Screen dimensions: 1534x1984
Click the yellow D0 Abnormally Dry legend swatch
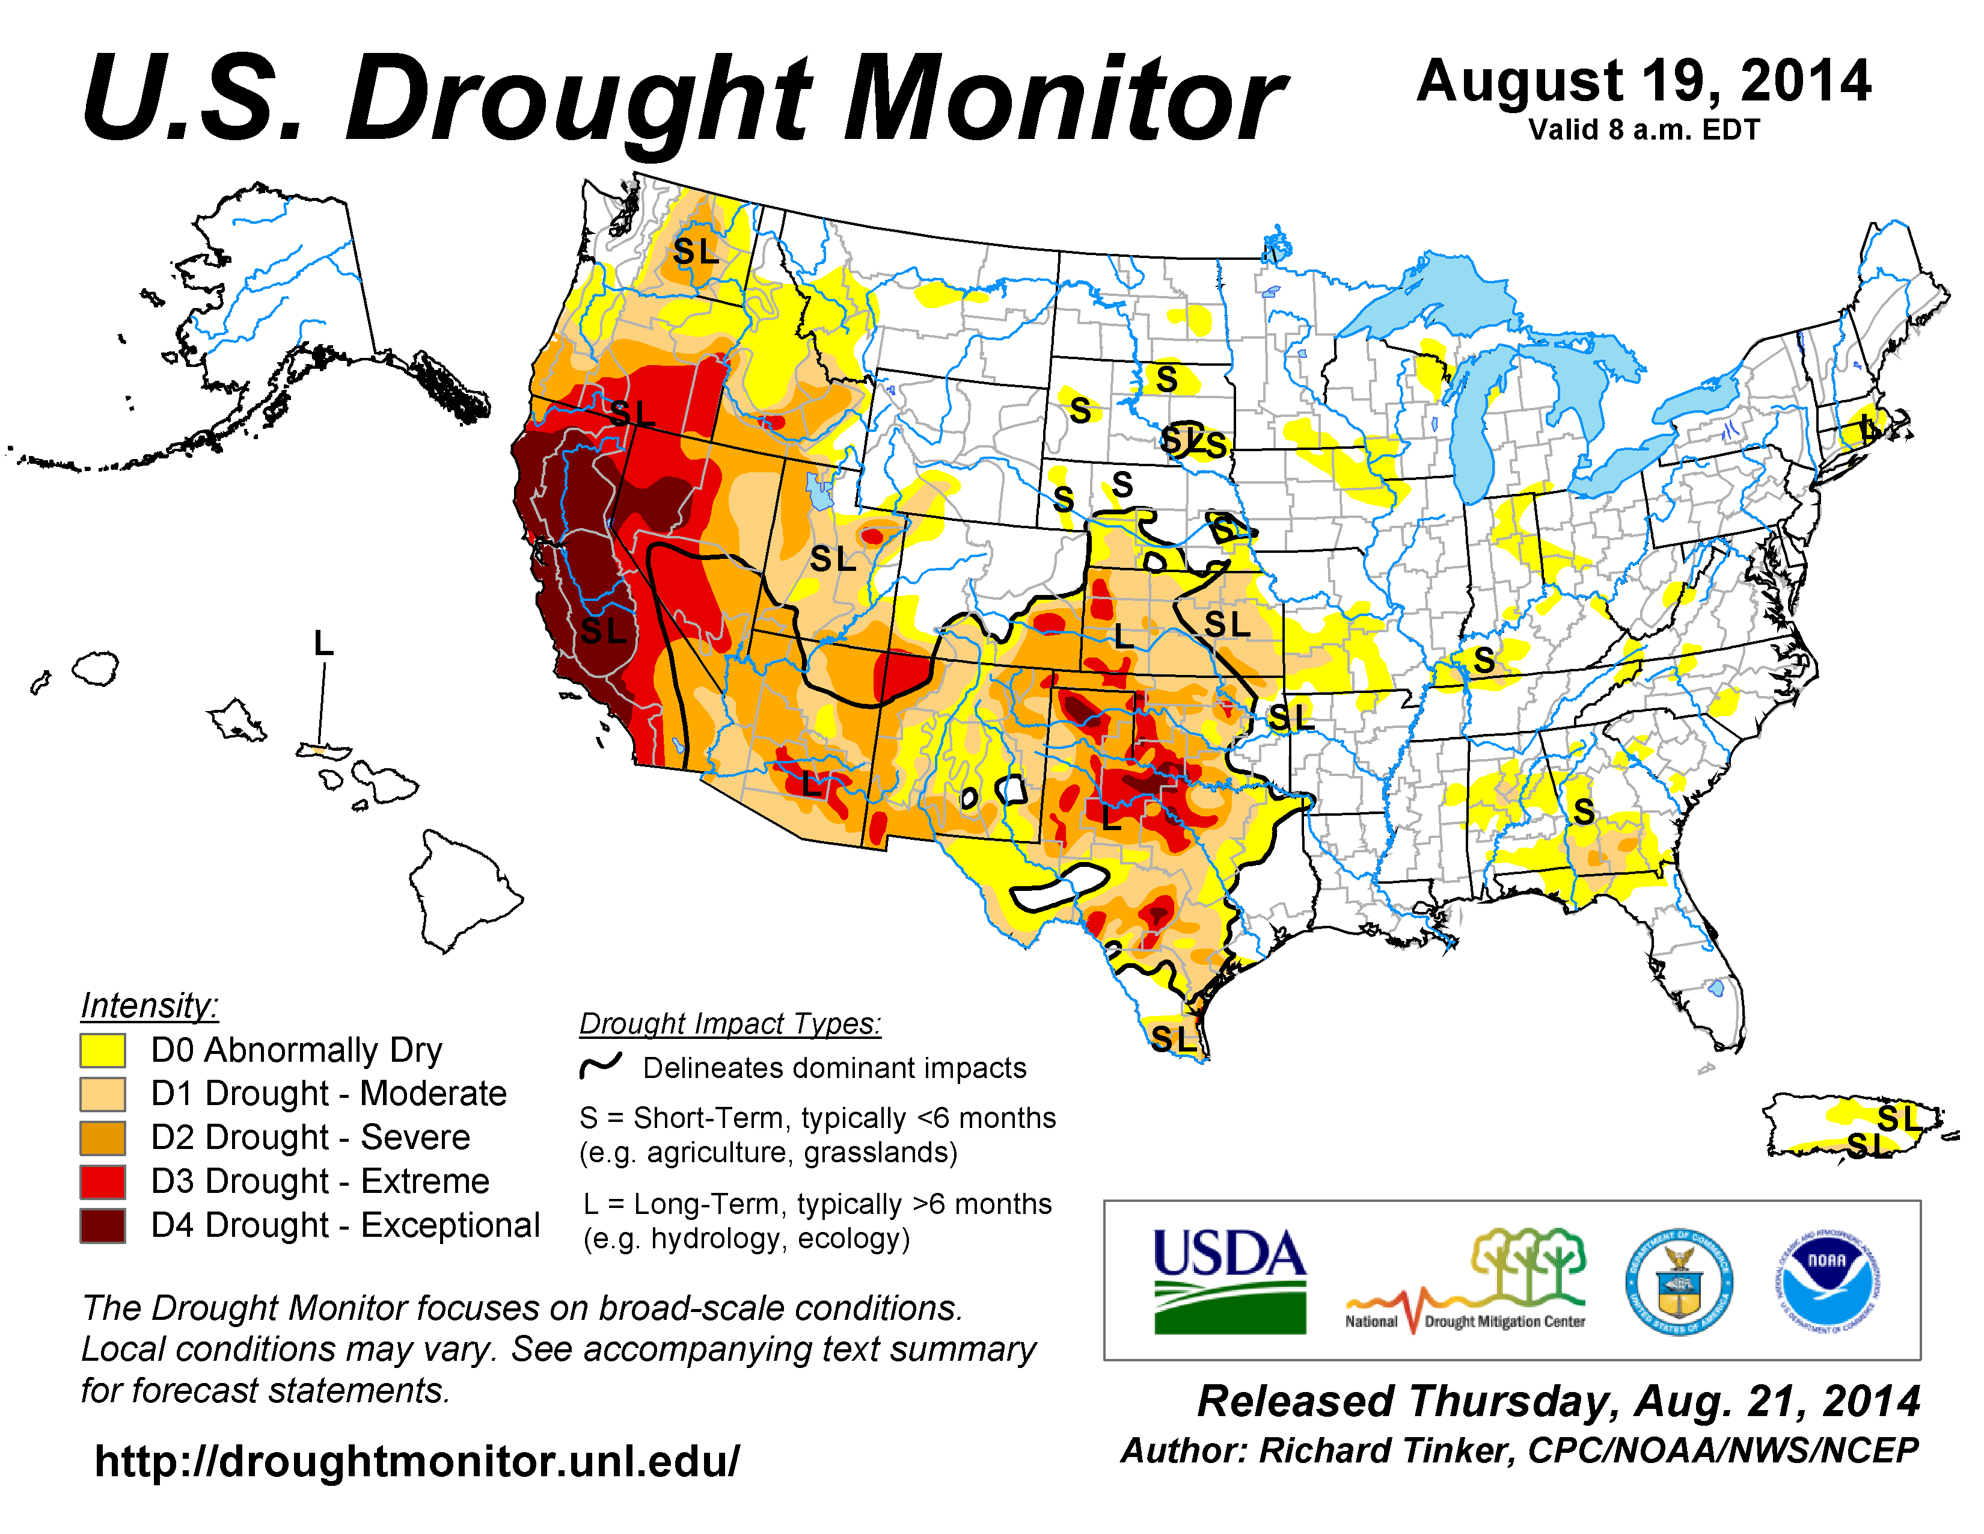pos(102,1050)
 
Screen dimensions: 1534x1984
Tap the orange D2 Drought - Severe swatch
pos(102,1137)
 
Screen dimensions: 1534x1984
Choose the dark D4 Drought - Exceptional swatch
pos(102,1225)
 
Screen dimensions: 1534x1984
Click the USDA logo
pos(1229,1281)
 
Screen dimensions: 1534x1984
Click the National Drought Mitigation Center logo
pos(1465,1281)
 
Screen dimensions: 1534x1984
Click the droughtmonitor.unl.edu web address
pos(417,1461)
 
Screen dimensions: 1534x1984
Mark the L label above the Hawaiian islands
pos(323,644)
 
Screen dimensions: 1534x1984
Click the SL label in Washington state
pos(696,251)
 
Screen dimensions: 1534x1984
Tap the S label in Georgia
pos(1584,812)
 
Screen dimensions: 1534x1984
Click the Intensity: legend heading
pos(150,1006)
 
